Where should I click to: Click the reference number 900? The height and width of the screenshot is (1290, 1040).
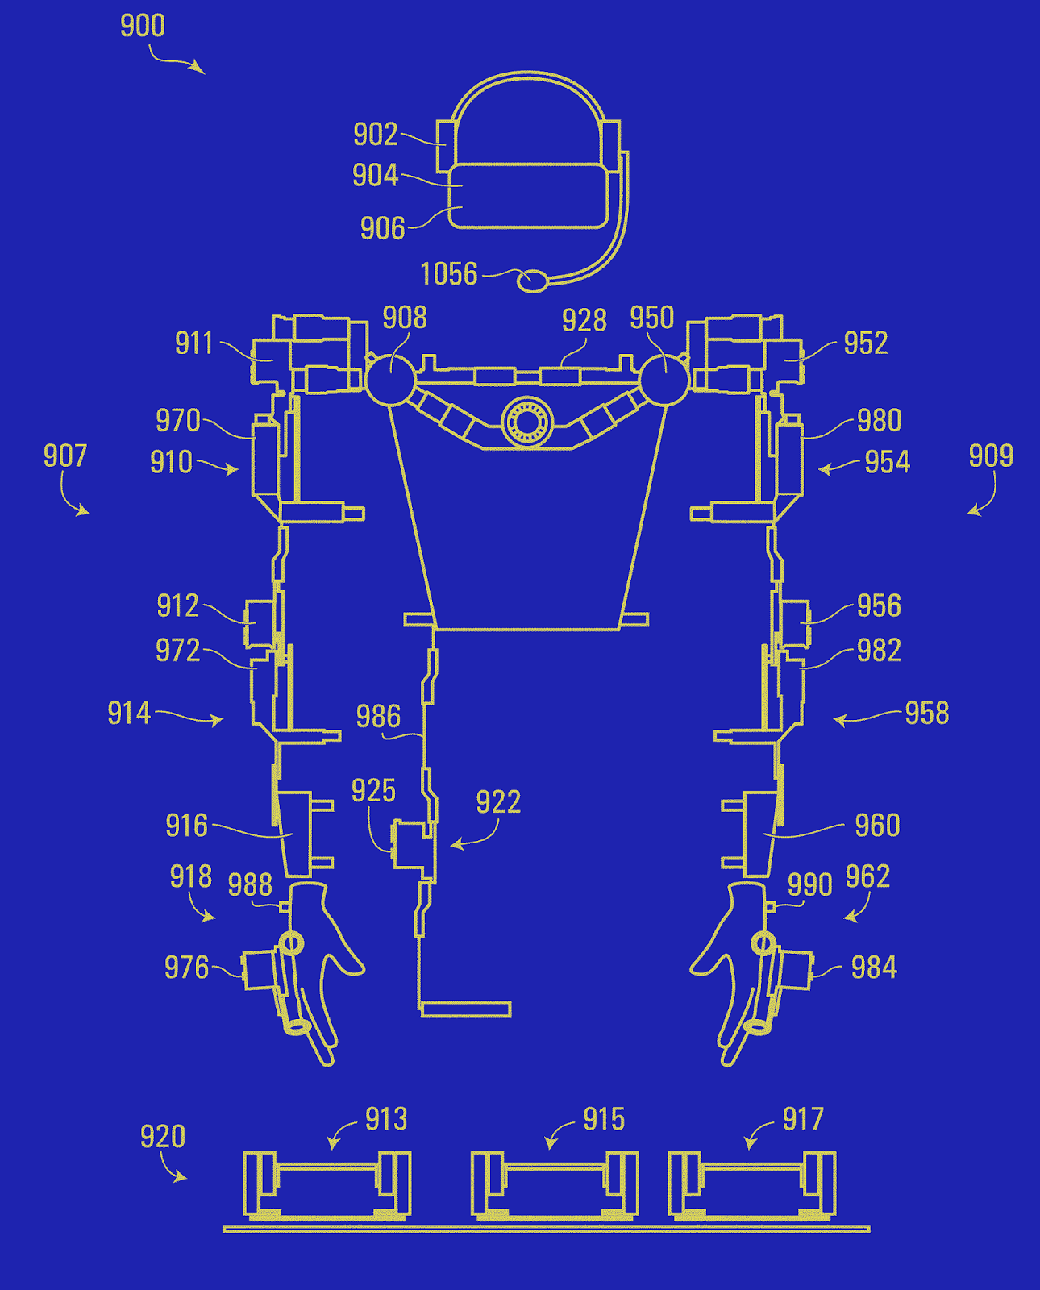(143, 26)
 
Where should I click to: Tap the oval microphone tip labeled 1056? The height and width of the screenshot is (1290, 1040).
(532, 281)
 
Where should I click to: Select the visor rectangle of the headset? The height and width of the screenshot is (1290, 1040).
(528, 196)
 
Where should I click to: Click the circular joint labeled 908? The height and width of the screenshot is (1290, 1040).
(390, 381)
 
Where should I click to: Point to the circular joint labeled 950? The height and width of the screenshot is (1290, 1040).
(664, 381)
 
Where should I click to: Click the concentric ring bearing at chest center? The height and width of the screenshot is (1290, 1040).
(527, 422)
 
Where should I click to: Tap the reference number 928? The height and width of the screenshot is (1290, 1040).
(584, 321)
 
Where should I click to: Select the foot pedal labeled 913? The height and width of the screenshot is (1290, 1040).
(327, 1187)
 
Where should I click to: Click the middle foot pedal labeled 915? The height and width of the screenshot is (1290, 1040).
(555, 1187)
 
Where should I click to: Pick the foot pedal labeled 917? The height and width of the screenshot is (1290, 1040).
(752, 1187)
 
